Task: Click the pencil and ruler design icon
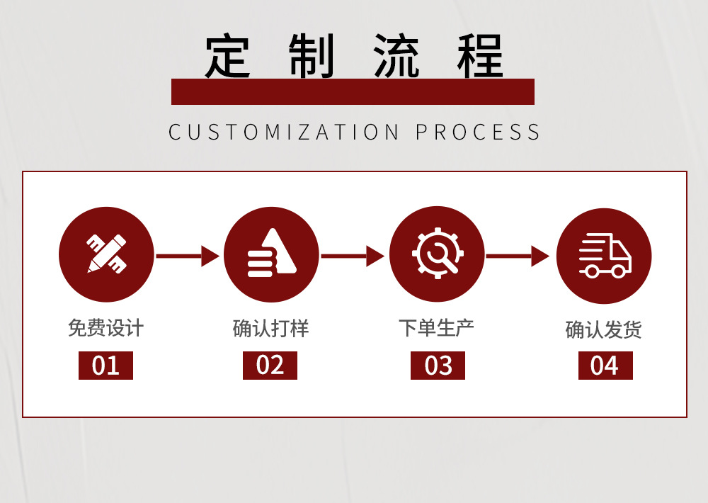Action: coord(106,254)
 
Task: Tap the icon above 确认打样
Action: coord(271,254)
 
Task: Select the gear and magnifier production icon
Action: coord(437,254)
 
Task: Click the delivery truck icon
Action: coord(604,256)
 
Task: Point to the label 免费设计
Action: coord(106,328)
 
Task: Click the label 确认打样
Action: coord(271,328)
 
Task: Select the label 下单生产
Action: coord(436,328)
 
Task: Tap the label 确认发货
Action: coord(604,329)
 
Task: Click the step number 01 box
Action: coord(105,366)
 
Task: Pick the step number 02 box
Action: coord(270,366)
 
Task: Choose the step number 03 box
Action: coord(438,366)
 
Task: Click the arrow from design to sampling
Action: coord(188,256)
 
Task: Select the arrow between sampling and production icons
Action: coord(353,256)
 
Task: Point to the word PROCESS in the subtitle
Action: coord(478,132)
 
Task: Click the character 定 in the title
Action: coord(228,57)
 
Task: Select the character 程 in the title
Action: coord(480,57)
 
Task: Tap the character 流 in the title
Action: coord(396,57)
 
